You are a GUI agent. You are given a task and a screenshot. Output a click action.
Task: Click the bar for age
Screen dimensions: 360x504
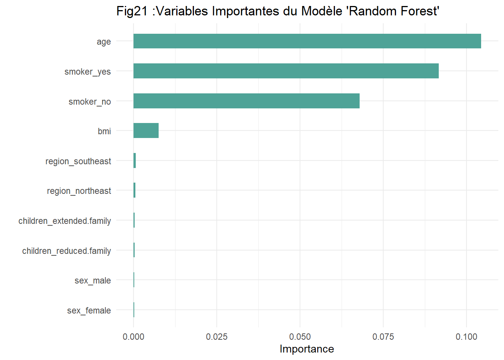pos(307,41)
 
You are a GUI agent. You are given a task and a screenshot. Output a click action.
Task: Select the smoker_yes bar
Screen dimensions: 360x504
pos(286,71)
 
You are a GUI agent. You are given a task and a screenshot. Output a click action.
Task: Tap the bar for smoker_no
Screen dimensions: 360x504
pos(246,101)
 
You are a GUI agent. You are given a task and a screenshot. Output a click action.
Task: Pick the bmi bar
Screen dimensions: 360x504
pos(146,130)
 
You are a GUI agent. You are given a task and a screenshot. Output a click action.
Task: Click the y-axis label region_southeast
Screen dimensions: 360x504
pos(78,161)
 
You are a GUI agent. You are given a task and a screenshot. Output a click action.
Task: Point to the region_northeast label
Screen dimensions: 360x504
pos(79,191)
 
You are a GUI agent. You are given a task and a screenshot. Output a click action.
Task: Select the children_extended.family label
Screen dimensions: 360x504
pos(64,221)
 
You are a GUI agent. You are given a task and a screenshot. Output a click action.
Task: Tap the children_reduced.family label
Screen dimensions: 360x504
pos(66,251)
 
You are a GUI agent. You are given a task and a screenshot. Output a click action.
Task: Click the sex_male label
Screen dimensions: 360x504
pos(93,280)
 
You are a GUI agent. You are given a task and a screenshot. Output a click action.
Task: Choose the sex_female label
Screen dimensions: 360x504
pos(89,310)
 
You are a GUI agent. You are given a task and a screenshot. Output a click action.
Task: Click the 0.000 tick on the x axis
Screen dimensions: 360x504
pos(133,337)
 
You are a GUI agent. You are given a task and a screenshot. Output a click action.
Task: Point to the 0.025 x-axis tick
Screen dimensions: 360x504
pos(217,337)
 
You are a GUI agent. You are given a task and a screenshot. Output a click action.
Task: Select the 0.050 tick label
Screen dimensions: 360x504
pos(300,337)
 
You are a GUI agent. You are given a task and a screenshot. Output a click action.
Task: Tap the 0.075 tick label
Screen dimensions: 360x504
pos(383,337)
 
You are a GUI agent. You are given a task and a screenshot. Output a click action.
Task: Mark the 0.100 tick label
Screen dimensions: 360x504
pos(466,337)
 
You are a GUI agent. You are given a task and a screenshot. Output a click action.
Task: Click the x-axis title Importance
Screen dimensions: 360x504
pos(307,349)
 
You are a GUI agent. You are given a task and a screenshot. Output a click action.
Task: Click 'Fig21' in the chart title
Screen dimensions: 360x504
pos(132,11)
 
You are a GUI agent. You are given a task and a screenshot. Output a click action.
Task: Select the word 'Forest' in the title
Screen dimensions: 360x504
pos(420,11)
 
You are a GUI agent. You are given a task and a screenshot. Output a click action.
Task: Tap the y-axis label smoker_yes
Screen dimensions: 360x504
pos(87,72)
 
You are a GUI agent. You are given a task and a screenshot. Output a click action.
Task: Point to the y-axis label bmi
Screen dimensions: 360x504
pos(104,131)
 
